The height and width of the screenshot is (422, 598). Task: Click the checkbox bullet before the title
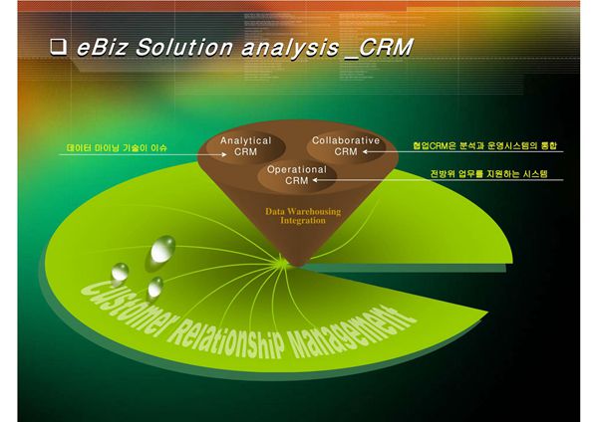point(58,47)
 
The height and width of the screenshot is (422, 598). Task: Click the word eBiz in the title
point(103,47)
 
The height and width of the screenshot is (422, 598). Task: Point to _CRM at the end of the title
point(377,47)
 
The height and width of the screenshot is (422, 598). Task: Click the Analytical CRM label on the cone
point(245,147)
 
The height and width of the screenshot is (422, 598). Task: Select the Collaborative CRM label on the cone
point(345,146)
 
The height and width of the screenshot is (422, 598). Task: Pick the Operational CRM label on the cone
point(296,176)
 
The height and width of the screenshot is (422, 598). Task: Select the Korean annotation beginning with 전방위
point(489,173)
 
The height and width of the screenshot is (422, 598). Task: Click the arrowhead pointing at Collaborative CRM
point(367,152)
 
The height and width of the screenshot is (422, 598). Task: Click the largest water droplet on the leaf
point(162,248)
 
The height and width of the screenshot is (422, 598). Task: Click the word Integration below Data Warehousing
point(302,221)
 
